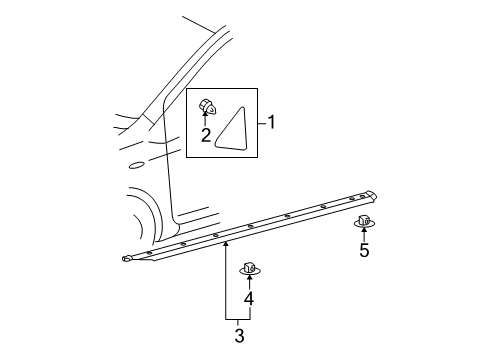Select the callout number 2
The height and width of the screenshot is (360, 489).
coord(204,134)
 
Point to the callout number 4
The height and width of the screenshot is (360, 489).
coord(248,298)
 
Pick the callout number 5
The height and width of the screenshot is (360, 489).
coord(363,250)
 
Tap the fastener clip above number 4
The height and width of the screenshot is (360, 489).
coord(248,268)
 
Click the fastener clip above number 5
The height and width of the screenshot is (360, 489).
coord(363,220)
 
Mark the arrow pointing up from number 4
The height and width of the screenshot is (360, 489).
coord(248,282)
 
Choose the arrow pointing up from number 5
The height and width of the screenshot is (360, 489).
coord(363,234)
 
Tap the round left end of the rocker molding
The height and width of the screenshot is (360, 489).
coord(126,260)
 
